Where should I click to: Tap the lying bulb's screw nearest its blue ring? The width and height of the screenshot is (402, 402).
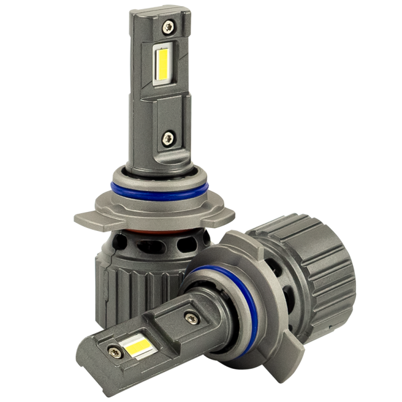(190, 315)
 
